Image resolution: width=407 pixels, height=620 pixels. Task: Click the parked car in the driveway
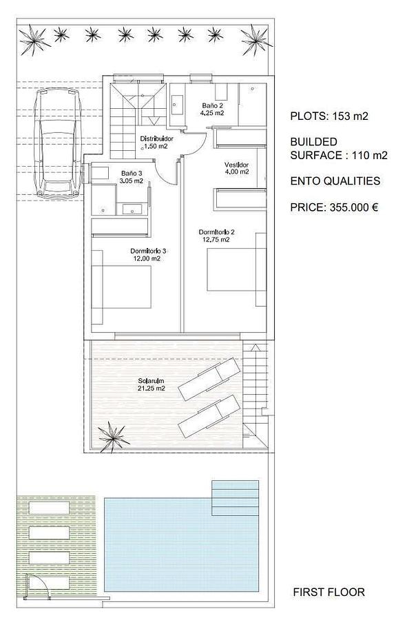(58, 143)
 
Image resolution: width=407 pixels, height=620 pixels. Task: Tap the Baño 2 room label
(213, 109)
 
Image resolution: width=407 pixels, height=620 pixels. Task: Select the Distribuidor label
(156, 143)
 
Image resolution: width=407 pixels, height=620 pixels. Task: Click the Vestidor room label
(237, 168)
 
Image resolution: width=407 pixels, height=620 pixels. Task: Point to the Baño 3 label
(132, 177)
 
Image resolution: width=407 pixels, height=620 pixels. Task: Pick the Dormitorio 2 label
(216, 236)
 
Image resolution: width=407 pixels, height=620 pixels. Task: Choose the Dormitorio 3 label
(148, 255)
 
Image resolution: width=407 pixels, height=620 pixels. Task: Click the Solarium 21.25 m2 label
(152, 384)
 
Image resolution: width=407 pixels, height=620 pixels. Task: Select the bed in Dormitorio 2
(237, 269)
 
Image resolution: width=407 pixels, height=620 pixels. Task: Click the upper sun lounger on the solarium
(209, 379)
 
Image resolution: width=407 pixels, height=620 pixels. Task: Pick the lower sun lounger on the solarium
(209, 416)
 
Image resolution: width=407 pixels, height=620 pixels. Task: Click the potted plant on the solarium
(114, 437)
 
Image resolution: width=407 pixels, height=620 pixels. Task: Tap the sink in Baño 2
(178, 105)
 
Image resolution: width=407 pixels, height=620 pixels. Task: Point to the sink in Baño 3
(132, 209)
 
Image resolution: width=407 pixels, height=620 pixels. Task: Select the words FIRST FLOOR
(328, 592)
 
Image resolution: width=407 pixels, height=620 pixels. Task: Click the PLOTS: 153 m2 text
(329, 116)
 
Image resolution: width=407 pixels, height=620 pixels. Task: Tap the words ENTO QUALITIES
(335, 181)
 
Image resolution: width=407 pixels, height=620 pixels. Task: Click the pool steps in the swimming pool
(235, 498)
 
